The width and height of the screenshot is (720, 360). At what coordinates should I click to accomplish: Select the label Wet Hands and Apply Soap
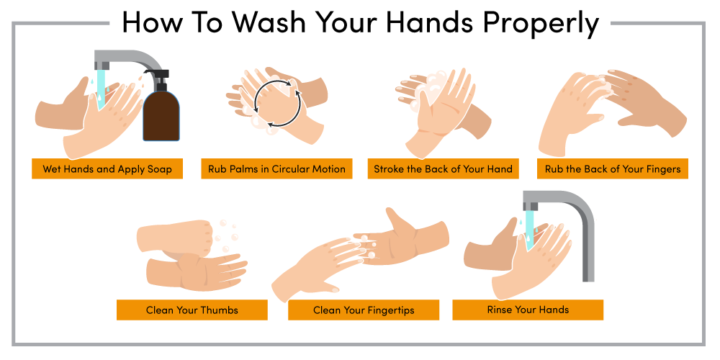[x=107, y=169]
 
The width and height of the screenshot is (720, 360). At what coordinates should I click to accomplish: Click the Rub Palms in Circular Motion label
[x=276, y=169]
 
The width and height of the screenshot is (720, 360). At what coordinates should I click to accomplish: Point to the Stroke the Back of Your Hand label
[x=443, y=169]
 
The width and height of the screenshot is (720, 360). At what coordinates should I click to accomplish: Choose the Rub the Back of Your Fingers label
[x=613, y=169]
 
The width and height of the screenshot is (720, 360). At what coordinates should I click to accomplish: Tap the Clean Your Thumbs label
[x=192, y=310]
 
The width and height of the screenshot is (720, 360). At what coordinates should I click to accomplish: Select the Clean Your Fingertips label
[x=364, y=310]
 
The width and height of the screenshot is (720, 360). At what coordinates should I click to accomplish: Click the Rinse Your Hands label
[x=528, y=310]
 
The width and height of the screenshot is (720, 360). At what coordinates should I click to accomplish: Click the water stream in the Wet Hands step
[x=101, y=88]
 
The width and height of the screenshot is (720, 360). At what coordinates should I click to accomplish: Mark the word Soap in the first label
[x=160, y=169]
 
